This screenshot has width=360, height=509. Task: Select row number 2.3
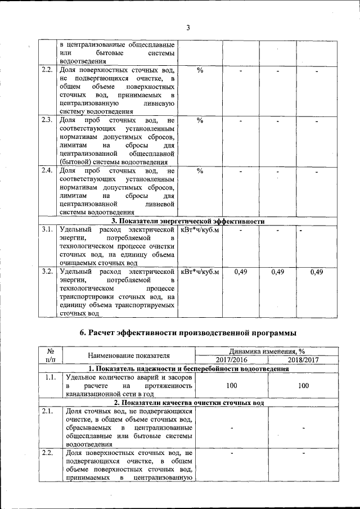click(47, 120)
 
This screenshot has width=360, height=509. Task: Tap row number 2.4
click(47, 170)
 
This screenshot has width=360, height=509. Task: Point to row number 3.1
click(47, 229)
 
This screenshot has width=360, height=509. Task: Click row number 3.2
click(47, 272)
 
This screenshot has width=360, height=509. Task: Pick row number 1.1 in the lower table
click(49, 377)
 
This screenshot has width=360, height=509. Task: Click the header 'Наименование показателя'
click(129, 355)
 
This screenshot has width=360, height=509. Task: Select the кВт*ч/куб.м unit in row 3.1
click(199, 229)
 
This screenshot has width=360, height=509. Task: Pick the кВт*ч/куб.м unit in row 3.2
click(199, 272)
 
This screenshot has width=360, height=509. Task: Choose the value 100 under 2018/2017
click(303, 386)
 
